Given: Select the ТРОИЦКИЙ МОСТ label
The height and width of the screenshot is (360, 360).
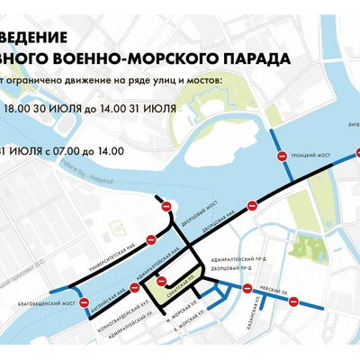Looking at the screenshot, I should [x=311, y=156].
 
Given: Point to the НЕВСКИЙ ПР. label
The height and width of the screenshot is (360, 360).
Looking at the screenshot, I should [x=273, y=293].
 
